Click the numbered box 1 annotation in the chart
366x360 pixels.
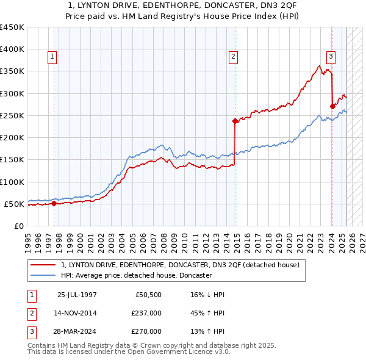tap(52, 57)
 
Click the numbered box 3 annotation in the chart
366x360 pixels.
tap(331, 57)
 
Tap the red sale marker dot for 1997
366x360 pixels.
tap(54, 204)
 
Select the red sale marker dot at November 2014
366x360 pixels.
tap(235, 121)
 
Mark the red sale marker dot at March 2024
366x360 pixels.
tap(332, 106)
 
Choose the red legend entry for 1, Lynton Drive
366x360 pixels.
tap(180, 265)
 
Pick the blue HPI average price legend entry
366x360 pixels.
tap(136, 275)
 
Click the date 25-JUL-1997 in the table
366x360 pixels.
tap(77, 295)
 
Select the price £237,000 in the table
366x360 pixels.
tap(146, 313)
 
